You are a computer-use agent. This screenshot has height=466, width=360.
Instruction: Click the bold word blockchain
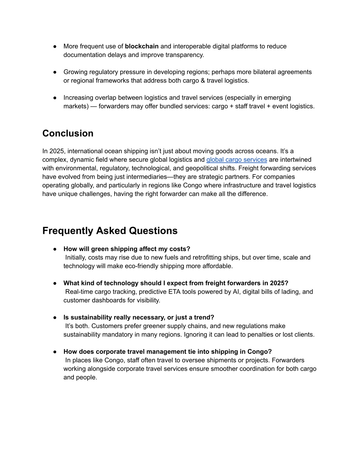pos(142,46)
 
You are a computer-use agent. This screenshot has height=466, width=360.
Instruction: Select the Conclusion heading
pos(68,133)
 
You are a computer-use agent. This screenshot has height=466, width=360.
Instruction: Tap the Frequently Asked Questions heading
pos(110,231)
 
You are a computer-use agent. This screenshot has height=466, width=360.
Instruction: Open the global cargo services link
pos(237,160)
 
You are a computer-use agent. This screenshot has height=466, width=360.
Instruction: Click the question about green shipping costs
pos(127,249)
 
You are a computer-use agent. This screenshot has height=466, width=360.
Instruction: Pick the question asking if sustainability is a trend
pos(139,318)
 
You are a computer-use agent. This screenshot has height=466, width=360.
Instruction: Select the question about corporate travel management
pos(167,352)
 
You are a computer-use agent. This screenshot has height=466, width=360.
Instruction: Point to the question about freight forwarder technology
pos(176,283)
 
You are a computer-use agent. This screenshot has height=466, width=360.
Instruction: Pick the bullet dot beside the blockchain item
pos(55,46)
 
